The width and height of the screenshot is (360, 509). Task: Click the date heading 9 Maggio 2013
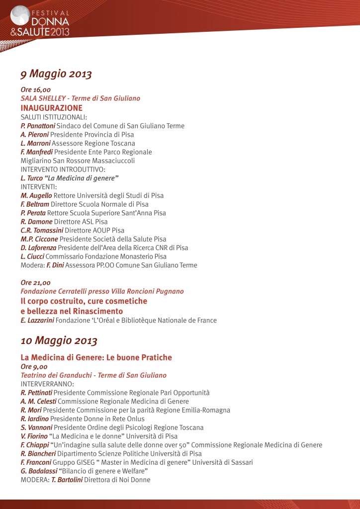click(56, 74)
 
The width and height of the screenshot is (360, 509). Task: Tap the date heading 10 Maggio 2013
click(59, 341)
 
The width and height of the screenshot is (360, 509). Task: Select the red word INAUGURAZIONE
click(52, 108)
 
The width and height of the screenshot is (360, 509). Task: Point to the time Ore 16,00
click(35, 89)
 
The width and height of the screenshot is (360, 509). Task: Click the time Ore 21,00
click(35, 282)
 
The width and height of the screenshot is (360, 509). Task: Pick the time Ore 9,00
click(34, 366)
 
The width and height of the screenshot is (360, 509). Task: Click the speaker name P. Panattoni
click(41, 126)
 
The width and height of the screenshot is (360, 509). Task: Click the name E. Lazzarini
click(37, 320)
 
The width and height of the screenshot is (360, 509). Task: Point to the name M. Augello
click(36, 195)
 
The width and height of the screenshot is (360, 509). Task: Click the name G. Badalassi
click(39, 471)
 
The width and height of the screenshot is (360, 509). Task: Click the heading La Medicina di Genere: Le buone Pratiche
click(96, 357)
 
